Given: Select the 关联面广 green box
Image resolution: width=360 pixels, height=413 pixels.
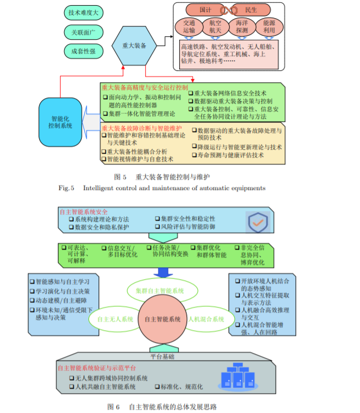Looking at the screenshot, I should (83, 32).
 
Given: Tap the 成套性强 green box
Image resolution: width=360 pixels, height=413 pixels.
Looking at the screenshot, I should (83, 52).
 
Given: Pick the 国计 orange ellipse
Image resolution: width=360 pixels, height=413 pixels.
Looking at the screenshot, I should (206, 10).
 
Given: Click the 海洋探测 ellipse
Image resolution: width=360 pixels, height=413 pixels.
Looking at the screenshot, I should (242, 27).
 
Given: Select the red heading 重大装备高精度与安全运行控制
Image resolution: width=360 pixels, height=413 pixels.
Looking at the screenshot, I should (145, 87).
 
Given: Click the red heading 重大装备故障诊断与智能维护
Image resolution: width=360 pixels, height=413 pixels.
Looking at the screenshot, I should (142, 128).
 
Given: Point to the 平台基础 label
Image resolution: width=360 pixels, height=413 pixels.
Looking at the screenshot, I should (162, 357).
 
